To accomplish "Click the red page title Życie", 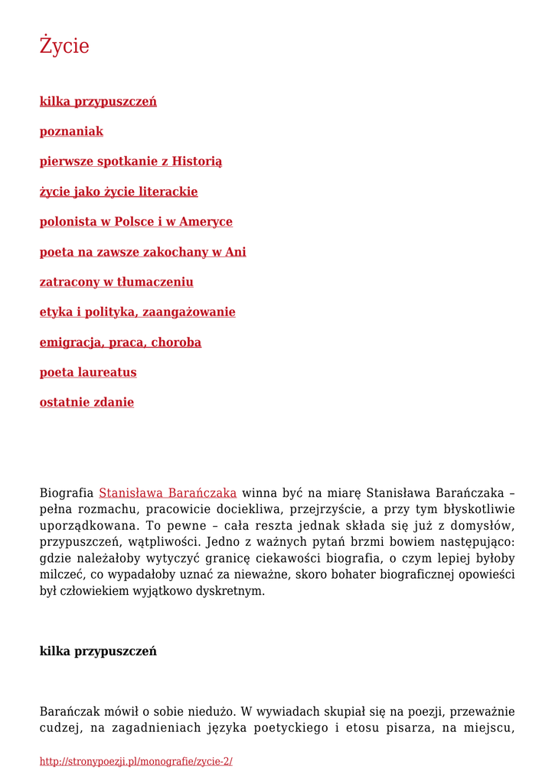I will click(64, 46).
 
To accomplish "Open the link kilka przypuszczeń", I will click(98, 102).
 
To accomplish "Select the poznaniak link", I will click(71, 132).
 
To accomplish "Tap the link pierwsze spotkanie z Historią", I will click(131, 162).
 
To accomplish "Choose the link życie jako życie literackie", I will click(119, 191).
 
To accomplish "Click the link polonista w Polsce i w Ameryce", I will click(136, 222).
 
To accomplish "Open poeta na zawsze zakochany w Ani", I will click(143, 252).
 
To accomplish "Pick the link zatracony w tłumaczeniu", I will click(116, 283).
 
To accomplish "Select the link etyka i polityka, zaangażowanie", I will click(138, 312).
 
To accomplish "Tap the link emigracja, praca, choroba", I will click(120, 342).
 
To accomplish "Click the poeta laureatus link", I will click(88, 373).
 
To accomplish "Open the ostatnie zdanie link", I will click(87, 403).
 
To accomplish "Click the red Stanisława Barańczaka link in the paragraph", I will click(168, 493).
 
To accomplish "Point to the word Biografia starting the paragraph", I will click(67, 493).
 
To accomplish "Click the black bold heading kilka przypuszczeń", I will click(98, 652).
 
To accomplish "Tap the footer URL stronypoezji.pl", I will click(136, 762).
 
